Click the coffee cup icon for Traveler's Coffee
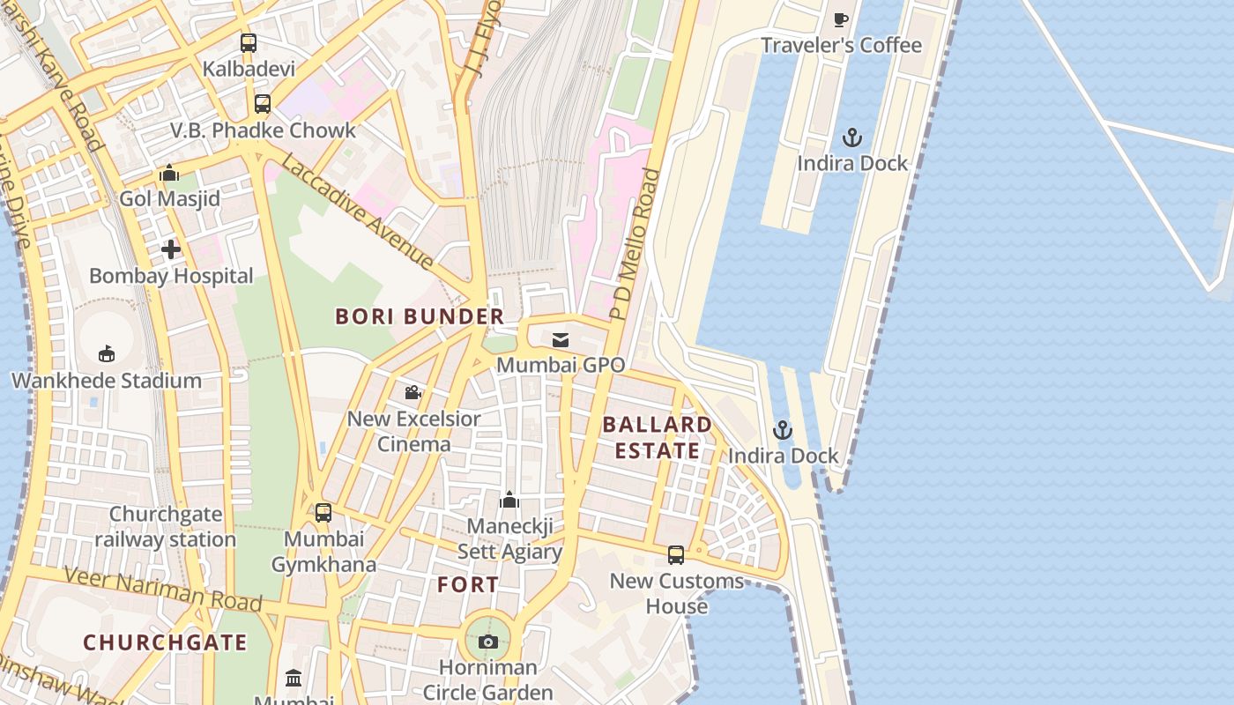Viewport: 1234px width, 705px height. pyautogui.click(x=841, y=19)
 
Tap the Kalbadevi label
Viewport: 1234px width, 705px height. pyautogui.click(x=249, y=68)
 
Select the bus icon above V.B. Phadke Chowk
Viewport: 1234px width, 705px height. pyautogui.click(x=262, y=104)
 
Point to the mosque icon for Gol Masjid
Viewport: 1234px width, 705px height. pyautogui.click(x=169, y=174)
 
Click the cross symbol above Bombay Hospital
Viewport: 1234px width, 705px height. pyautogui.click(x=170, y=249)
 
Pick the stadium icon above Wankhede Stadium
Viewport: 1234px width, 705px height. pyautogui.click(x=107, y=354)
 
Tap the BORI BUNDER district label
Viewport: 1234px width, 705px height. pyautogui.click(x=420, y=316)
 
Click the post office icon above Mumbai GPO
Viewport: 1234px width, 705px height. pyautogui.click(x=561, y=340)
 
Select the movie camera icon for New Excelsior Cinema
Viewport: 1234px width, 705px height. pyautogui.click(x=413, y=392)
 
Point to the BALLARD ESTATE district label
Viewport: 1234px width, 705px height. pyautogui.click(x=658, y=437)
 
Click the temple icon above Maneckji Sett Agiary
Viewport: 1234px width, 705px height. pyautogui.click(x=509, y=501)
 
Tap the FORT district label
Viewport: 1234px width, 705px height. pyautogui.click(x=468, y=584)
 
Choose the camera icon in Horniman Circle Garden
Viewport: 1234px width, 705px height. pyautogui.click(x=488, y=642)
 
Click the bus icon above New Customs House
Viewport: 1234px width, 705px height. pyautogui.click(x=676, y=555)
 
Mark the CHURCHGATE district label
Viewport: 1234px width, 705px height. pyautogui.click(x=166, y=642)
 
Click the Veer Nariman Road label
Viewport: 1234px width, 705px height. pyautogui.click(x=164, y=589)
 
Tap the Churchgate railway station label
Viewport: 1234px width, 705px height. pyautogui.click(x=166, y=526)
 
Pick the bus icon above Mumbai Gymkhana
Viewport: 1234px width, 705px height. pyautogui.click(x=323, y=513)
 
